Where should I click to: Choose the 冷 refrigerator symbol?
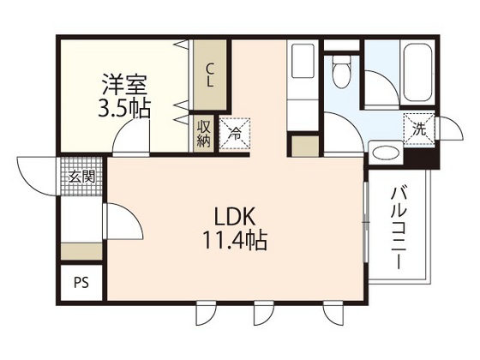pos(234,133)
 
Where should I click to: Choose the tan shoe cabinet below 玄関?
pos(81,251)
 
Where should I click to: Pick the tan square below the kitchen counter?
pos(304,146)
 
